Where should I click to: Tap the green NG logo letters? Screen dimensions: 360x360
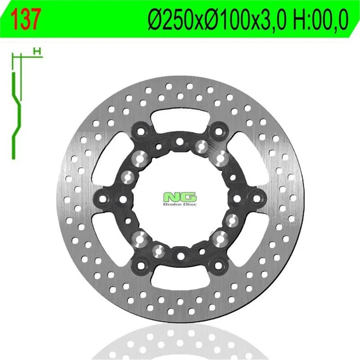180,197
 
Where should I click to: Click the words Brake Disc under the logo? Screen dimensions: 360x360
180,204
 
